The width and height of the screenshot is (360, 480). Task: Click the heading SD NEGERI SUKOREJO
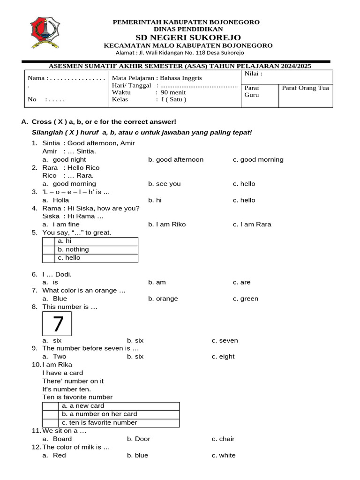(x=188, y=37)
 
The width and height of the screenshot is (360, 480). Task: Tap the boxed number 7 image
(x=57, y=324)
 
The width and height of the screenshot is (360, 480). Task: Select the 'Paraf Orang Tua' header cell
(x=305, y=88)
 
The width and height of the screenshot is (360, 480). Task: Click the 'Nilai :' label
(x=253, y=74)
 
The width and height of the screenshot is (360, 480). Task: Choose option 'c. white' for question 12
(x=224, y=455)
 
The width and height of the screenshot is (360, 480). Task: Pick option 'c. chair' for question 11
(x=223, y=439)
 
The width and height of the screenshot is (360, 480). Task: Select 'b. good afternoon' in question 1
(x=176, y=159)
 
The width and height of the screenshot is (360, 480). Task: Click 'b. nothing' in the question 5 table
(x=74, y=249)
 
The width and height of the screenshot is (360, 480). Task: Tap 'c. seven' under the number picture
(x=225, y=340)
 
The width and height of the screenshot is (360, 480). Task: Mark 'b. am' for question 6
(x=157, y=282)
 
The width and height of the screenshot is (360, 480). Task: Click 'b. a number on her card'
(x=99, y=414)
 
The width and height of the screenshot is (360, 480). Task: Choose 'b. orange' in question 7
(x=163, y=299)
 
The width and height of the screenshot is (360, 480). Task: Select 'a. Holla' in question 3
(x=56, y=200)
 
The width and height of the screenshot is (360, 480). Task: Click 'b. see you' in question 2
(x=164, y=184)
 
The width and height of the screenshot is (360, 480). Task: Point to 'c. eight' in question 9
(x=223, y=356)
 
